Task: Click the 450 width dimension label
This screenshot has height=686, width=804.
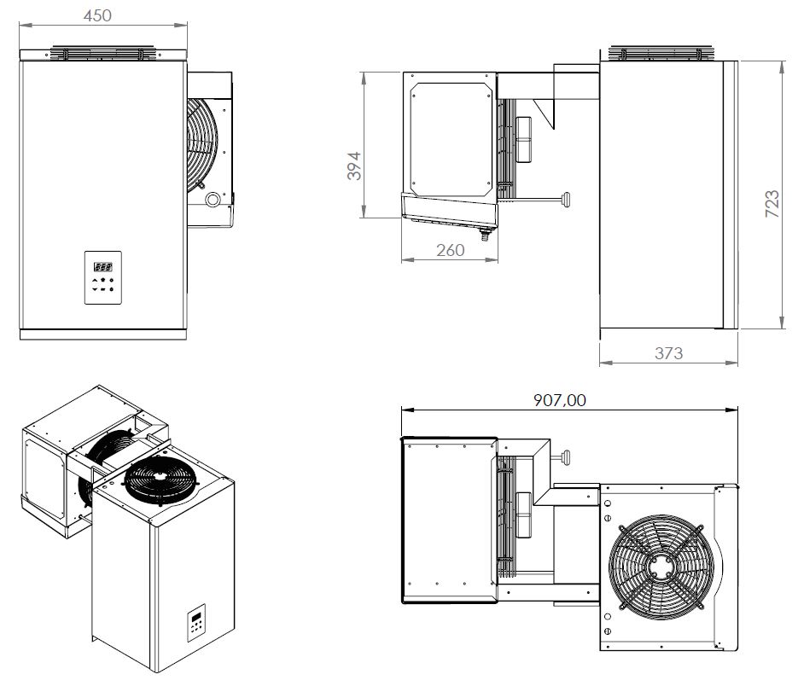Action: tap(99, 15)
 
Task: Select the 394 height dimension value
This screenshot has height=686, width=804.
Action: tap(354, 165)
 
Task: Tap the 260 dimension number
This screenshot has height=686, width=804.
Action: tap(450, 250)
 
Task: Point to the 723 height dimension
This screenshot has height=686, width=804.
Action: tap(771, 206)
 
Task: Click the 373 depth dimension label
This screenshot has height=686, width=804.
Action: tap(667, 352)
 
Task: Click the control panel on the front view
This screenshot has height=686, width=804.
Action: tap(103, 277)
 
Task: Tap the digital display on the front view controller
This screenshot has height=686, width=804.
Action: tap(102, 265)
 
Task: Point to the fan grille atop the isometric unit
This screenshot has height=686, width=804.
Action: tap(161, 481)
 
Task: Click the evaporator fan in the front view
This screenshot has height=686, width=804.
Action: tap(205, 141)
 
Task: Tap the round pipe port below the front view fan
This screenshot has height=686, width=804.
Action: tap(212, 200)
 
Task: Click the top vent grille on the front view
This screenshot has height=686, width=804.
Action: tap(102, 53)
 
